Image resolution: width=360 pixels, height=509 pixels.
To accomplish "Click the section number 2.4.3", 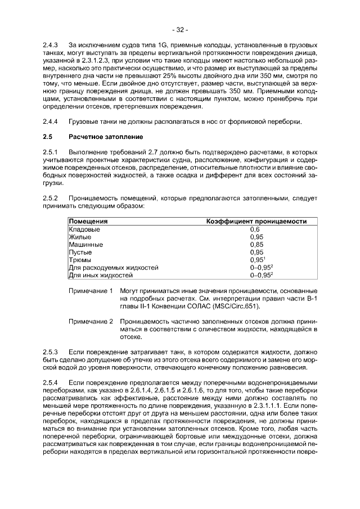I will pyautogui.click(x=51, y=44).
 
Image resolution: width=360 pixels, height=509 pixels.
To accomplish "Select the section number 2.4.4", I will pyautogui.click(x=51, y=121).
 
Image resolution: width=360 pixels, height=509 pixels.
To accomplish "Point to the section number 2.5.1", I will pyautogui.click(x=51, y=152).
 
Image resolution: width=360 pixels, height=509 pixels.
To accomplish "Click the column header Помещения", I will pyautogui.click(x=88, y=222).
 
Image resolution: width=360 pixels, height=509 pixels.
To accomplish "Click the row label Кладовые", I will pyautogui.click(x=84, y=229).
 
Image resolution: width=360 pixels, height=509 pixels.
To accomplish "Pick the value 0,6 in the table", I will pyautogui.click(x=254, y=229).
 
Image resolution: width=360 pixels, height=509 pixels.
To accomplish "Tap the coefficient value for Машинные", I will pyautogui.click(x=256, y=245).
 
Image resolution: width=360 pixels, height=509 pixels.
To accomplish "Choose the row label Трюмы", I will pyautogui.click(x=79, y=260).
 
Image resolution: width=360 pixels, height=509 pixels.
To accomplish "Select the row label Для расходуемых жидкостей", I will pyautogui.click(x=113, y=268).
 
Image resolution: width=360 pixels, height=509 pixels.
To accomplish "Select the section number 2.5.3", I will pyautogui.click(x=51, y=352).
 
